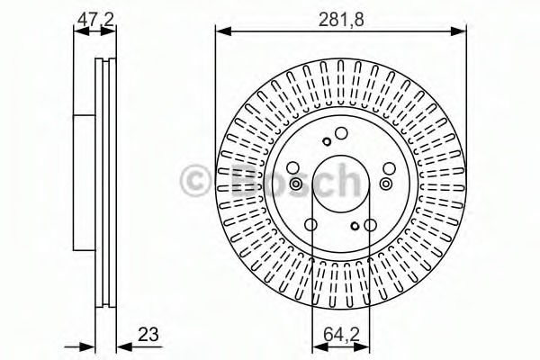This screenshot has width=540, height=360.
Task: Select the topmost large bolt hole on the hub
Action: click(341, 135)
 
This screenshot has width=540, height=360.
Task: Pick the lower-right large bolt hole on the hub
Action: click(370, 225)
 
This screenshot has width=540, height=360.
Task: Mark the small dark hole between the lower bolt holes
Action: click(355, 226)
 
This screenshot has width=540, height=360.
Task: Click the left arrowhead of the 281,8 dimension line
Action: click(220, 31)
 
